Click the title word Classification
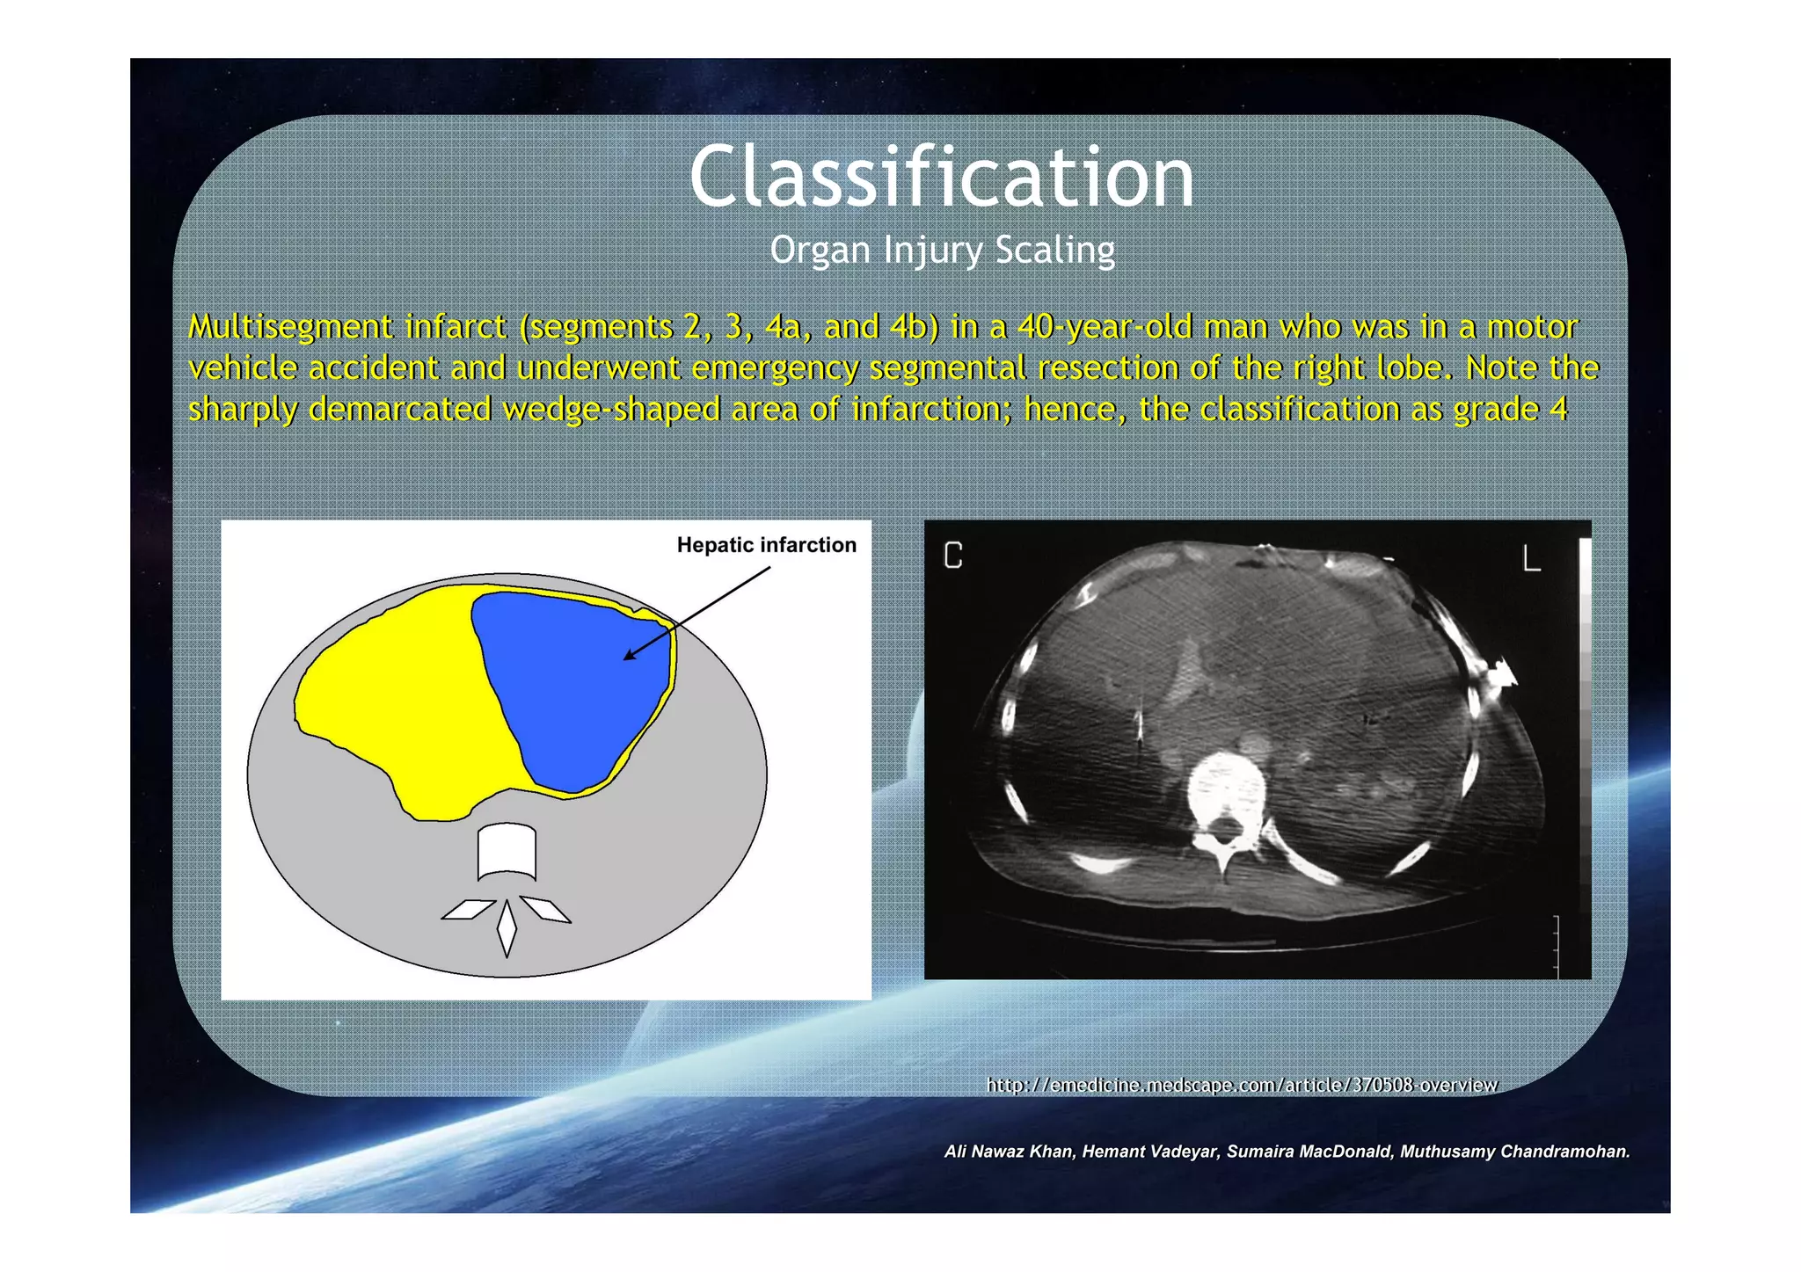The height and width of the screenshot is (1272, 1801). [x=942, y=178]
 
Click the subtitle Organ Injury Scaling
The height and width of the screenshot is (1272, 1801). [x=942, y=251]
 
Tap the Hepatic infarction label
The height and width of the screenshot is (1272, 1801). [x=766, y=545]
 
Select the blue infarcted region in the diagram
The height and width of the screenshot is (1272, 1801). [x=572, y=686]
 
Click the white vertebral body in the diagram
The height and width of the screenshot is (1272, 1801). [x=507, y=850]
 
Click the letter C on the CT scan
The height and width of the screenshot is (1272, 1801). [x=953, y=556]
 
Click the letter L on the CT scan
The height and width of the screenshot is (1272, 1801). [x=1531, y=557]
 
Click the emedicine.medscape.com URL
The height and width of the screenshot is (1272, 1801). [x=1242, y=1085]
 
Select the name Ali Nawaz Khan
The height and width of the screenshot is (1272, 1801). [x=1009, y=1152]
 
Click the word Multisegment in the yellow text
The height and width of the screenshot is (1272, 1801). [x=291, y=327]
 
